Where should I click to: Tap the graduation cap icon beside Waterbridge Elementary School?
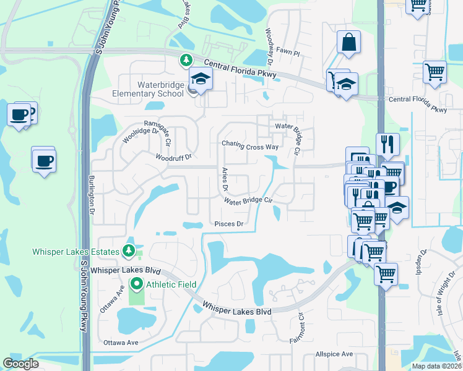point(201,79)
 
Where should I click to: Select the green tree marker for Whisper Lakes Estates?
point(128,250)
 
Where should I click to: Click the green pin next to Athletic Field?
point(136,284)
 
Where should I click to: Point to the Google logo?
point(20,363)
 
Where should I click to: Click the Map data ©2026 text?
point(436,366)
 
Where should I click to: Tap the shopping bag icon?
point(348,43)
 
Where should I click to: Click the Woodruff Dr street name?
point(174,158)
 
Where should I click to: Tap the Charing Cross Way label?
point(251,147)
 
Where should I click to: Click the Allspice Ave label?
point(334,354)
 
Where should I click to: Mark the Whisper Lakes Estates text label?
point(76,252)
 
